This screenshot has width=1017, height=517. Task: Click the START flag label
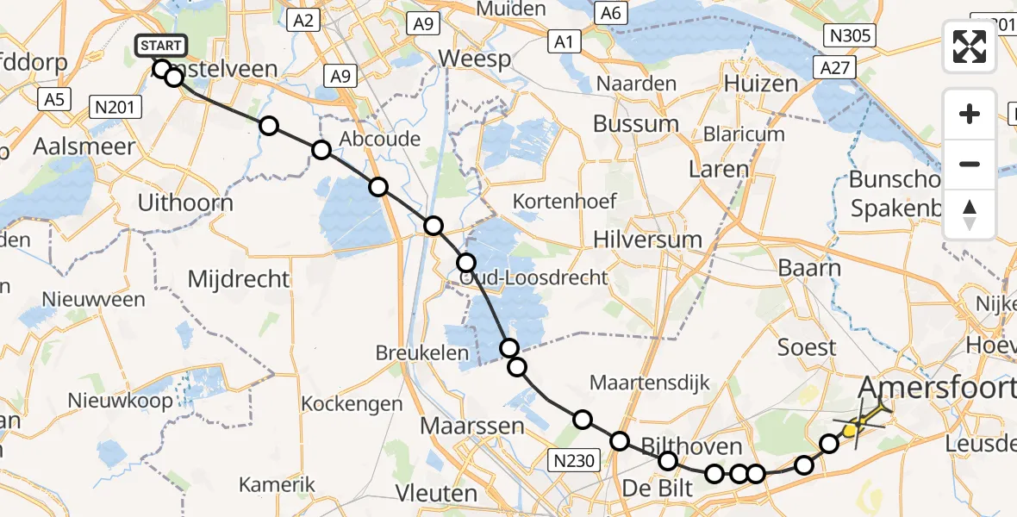[160, 46]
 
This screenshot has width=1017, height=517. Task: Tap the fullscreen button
[970, 47]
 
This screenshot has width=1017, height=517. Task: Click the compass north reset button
[970, 215]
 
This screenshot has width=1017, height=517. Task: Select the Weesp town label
[474, 59]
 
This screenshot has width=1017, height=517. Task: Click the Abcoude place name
[380, 140]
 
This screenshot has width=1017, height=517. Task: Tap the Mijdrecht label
[239, 279]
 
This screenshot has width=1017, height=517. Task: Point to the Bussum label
[636, 123]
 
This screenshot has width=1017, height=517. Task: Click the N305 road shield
[849, 35]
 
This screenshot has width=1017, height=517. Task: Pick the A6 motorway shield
[610, 12]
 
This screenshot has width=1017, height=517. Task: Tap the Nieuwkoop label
[120, 401]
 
